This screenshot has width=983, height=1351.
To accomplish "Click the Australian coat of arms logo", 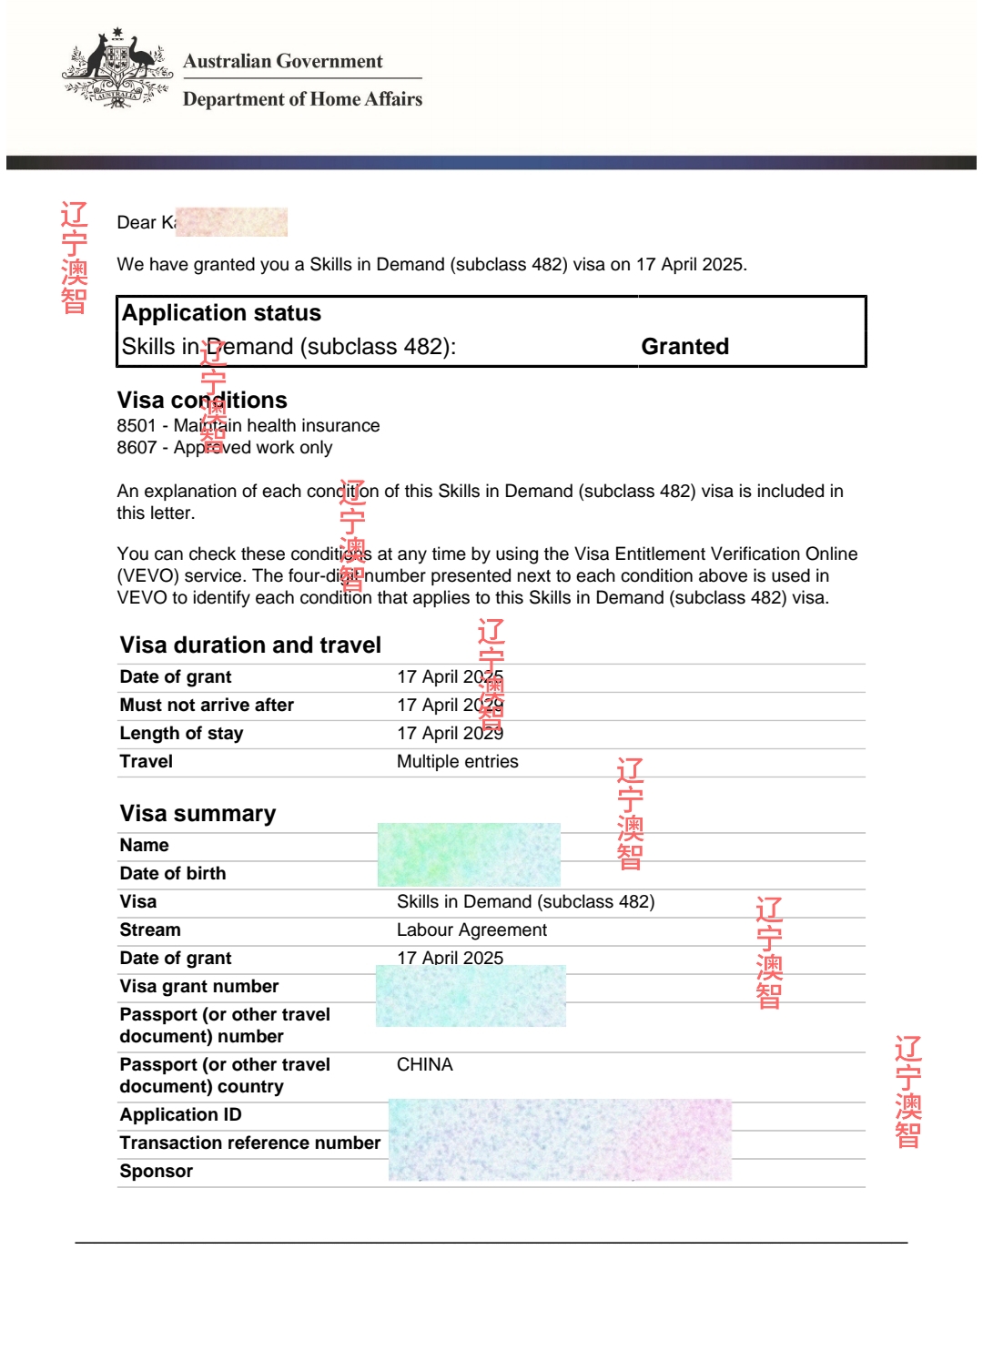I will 117,69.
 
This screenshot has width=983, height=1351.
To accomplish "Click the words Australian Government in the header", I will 282,61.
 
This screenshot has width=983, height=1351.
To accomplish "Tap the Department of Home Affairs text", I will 302,99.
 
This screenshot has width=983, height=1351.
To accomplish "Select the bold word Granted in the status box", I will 684,347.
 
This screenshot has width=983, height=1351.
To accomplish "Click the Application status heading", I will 221,313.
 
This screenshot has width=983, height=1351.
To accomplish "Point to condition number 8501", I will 137,425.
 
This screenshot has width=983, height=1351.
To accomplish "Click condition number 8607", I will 137,447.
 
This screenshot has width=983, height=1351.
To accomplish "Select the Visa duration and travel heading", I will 250,645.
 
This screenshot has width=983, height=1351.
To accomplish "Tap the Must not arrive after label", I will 207,705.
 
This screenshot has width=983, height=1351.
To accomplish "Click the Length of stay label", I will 181,733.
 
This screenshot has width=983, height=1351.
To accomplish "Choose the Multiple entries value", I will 457,761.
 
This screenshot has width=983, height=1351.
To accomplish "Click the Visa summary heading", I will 198,813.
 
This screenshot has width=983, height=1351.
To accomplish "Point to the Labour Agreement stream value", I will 471,929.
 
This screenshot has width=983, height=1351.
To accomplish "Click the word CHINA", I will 424,1064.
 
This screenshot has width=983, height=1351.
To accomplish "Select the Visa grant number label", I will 198,986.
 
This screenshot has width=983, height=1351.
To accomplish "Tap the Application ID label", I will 180,1114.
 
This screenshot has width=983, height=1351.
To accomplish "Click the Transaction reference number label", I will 249,1143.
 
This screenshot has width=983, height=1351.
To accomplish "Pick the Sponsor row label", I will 156,1171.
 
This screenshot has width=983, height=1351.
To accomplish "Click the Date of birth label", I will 172,873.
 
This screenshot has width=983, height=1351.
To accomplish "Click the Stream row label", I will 150,929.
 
